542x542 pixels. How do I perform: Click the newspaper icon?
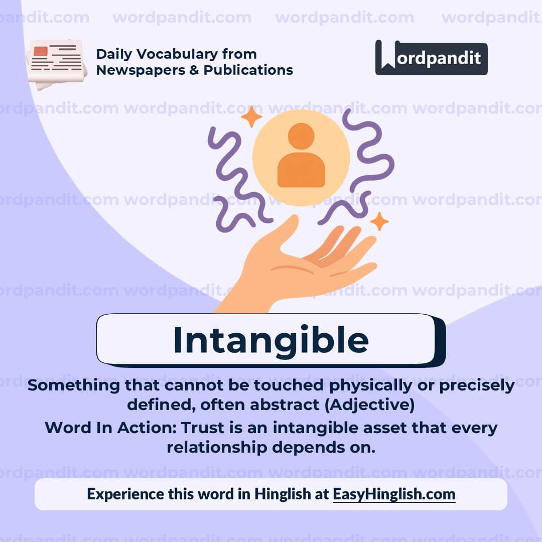[x=56, y=63]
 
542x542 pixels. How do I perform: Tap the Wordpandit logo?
[x=431, y=58]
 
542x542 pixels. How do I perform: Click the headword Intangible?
[x=270, y=340]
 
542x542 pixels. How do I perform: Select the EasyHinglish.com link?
[x=394, y=494]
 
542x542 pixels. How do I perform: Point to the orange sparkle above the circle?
[x=251, y=117]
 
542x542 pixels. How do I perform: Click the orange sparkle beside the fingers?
[x=379, y=221]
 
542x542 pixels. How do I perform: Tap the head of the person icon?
[x=301, y=136]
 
